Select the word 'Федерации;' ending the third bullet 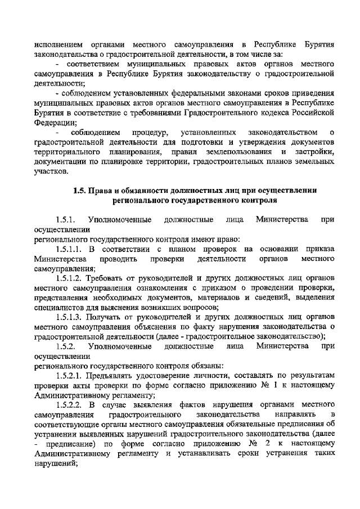[52, 122]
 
